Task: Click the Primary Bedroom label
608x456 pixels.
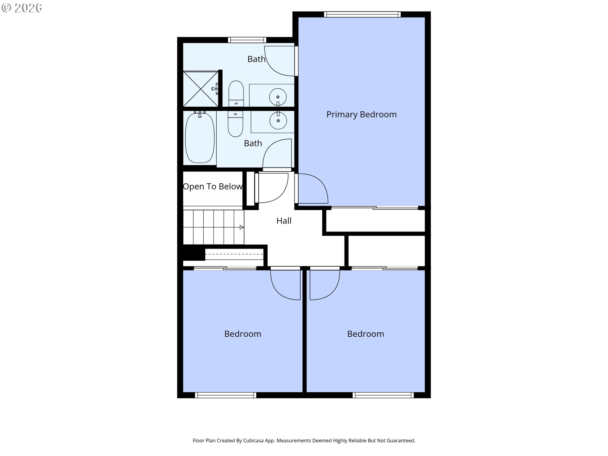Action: pos(361,114)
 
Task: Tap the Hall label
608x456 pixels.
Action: pos(284,221)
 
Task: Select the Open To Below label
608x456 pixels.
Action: pos(212,187)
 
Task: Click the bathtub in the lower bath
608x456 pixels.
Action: pos(199,138)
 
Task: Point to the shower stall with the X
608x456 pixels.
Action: pos(201,89)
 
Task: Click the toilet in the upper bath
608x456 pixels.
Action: pos(236,93)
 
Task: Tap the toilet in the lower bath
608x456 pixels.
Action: pos(235,124)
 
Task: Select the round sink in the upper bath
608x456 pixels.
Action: pos(278,97)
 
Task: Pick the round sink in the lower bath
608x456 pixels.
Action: pos(278,121)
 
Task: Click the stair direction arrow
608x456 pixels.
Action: pos(242,227)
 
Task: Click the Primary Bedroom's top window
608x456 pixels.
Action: pos(362,14)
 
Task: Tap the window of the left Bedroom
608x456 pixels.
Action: pos(225,395)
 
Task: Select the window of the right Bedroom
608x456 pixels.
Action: pos(383,395)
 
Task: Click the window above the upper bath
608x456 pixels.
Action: pos(247,40)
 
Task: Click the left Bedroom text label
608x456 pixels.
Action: pos(243,334)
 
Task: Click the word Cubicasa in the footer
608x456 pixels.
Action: pos(253,440)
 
